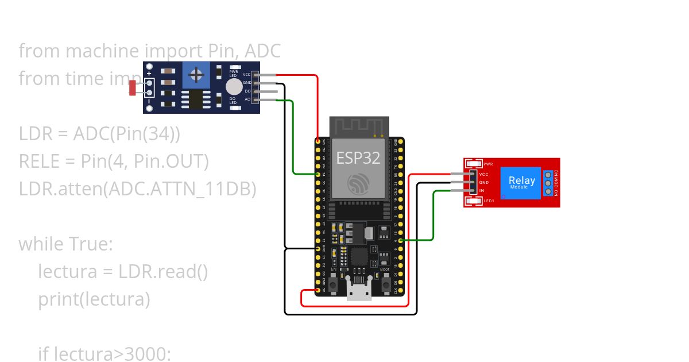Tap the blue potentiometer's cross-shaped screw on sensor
coord(196,75)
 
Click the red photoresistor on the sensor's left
coord(133,88)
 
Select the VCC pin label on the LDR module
coord(246,74)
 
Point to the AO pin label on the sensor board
coord(247,100)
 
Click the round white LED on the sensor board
coord(234,87)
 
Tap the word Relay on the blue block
coord(521,180)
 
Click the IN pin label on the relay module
coord(482,190)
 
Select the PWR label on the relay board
coord(488,164)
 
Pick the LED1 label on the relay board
coord(489,201)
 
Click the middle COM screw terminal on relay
coord(548,183)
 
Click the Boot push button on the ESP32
coord(386,283)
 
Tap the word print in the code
coord(56,299)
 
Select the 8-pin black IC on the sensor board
coord(196,98)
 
